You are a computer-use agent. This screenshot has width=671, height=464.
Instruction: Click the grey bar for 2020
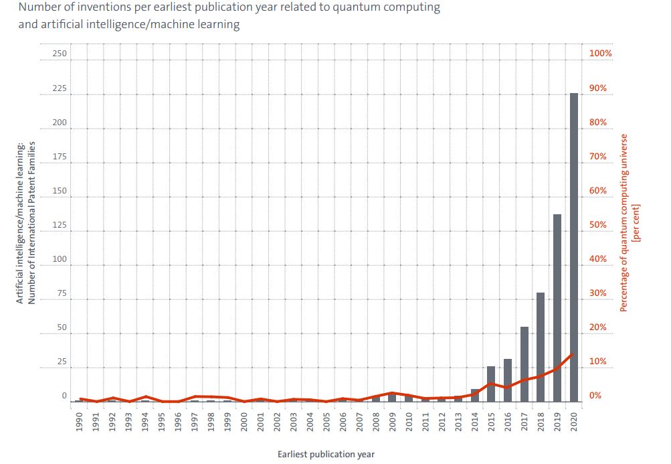click(573, 247)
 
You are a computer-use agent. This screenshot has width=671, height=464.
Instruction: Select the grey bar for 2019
click(557, 308)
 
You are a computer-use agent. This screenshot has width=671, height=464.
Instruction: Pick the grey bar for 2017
click(524, 364)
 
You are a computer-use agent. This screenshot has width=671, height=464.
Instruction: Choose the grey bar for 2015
click(491, 384)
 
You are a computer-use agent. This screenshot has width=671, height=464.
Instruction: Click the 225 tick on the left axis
click(60, 88)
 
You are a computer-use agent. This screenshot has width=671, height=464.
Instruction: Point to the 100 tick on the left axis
click(60, 259)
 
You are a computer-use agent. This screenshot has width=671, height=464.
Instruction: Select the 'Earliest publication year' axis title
click(326, 455)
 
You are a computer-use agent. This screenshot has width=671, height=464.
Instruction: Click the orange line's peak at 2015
click(491, 383)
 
